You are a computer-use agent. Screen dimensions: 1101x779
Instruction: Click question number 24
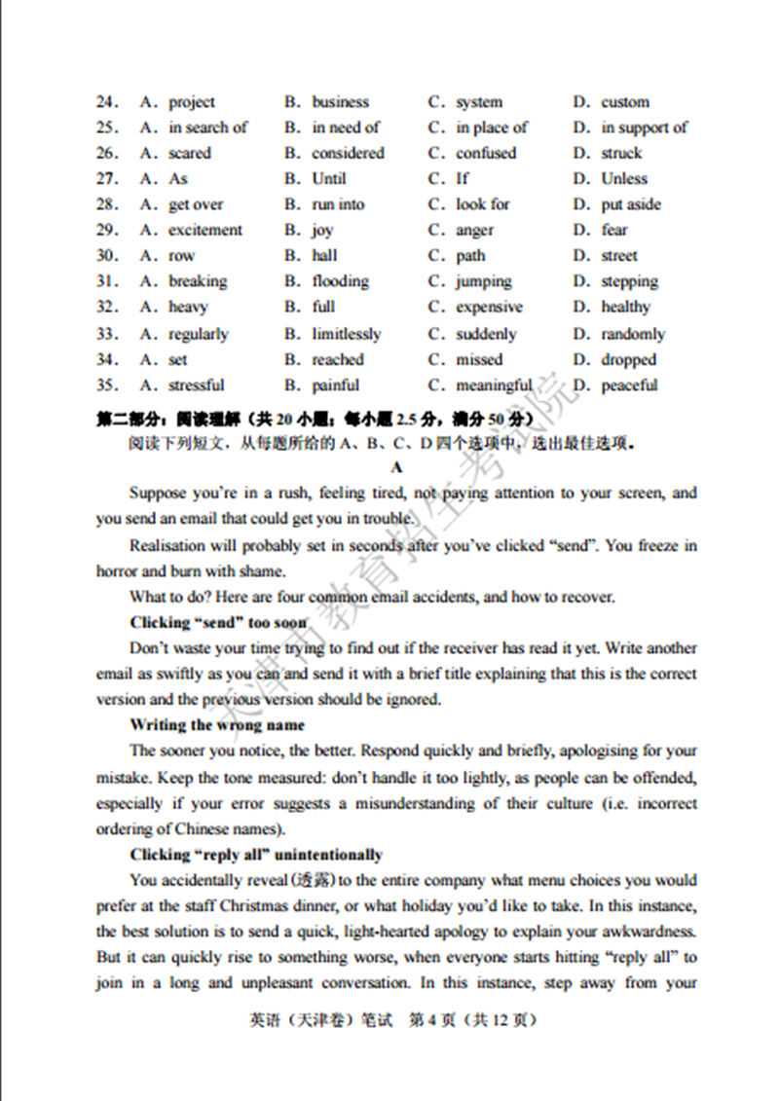click(x=106, y=102)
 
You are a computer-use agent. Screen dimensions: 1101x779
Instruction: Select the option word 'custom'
click(x=625, y=102)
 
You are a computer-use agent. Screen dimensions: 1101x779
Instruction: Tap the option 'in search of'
click(x=207, y=128)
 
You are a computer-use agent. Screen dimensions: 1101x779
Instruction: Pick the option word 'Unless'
click(x=624, y=179)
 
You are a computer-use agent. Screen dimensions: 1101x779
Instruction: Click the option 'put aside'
click(x=631, y=205)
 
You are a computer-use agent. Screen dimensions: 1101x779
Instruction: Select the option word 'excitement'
click(x=205, y=231)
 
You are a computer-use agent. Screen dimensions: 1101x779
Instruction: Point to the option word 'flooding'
click(x=340, y=282)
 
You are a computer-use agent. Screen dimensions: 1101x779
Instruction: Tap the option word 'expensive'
click(x=489, y=308)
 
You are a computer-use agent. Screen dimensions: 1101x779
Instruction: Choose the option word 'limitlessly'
click(x=347, y=334)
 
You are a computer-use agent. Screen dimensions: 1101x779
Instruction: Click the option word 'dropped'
click(x=629, y=360)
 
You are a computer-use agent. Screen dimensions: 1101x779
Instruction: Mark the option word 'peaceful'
click(x=629, y=385)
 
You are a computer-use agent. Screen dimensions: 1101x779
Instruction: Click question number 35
click(x=106, y=385)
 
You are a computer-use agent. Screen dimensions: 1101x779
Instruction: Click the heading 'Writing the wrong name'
click(x=217, y=725)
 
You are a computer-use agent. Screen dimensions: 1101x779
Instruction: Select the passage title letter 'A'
click(x=397, y=467)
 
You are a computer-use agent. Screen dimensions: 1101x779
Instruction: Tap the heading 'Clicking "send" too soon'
click(x=219, y=622)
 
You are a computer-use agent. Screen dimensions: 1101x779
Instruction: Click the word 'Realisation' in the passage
click(x=169, y=545)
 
